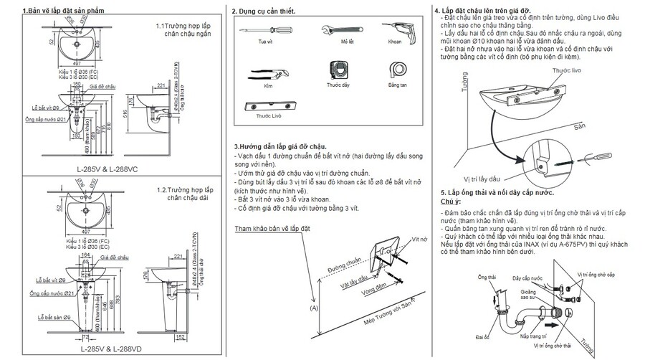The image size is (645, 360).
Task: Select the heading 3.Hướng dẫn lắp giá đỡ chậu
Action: (280, 146)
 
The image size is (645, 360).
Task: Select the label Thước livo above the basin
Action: (566, 70)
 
